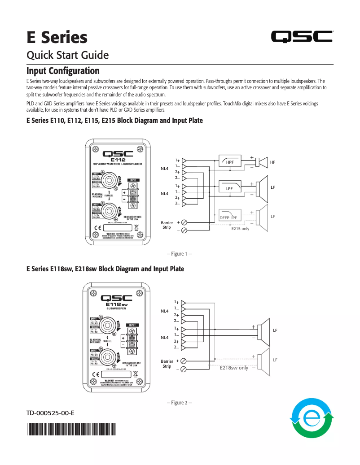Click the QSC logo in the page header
click(x=302, y=37)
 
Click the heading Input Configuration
click(x=63, y=71)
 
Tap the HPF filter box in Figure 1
click(x=230, y=161)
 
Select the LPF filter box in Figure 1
click(x=230, y=188)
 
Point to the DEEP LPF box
click(x=229, y=217)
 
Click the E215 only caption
click(x=240, y=229)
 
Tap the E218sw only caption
click(x=234, y=368)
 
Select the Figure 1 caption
click(x=179, y=254)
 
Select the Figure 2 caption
click(x=179, y=403)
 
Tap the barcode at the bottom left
click(x=70, y=430)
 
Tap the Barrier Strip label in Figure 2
click(x=167, y=363)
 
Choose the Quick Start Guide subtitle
click(x=67, y=55)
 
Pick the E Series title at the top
click(x=57, y=37)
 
